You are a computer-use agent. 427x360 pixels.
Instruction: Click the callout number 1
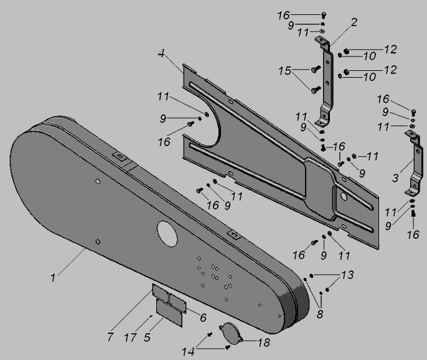pyautogui.click(x=53, y=278)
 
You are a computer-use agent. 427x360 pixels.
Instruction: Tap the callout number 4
pyautogui.click(x=161, y=53)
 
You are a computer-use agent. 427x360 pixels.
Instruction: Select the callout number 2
pyautogui.click(x=354, y=22)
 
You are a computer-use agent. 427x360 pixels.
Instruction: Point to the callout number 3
pyautogui.click(x=395, y=178)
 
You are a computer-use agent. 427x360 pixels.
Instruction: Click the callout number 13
pyautogui.click(x=347, y=275)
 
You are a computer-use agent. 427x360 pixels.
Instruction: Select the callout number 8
pyautogui.click(x=320, y=314)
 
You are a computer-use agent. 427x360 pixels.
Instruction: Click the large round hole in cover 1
pyautogui.click(x=167, y=234)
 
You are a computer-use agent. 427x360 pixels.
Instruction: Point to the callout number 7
pyautogui.click(x=110, y=337)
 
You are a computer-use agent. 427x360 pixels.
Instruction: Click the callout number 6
pyautogui.click(x=203, y=317)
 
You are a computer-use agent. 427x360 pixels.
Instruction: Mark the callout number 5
pyautogui.click(x=147, y=338)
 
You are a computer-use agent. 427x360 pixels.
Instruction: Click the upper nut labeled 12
pyautogui.click(x=346, y=51)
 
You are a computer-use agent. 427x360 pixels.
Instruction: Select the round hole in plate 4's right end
pyautogui.click(x=344, y=196)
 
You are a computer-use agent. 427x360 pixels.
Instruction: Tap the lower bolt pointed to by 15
pyautogui.click(x=316, y=90)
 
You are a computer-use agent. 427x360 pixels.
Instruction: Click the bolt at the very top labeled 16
pyautogui.click(x=324, y=15)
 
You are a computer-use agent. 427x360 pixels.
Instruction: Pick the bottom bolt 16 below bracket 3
pyautogui.click(x=413, y=214)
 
